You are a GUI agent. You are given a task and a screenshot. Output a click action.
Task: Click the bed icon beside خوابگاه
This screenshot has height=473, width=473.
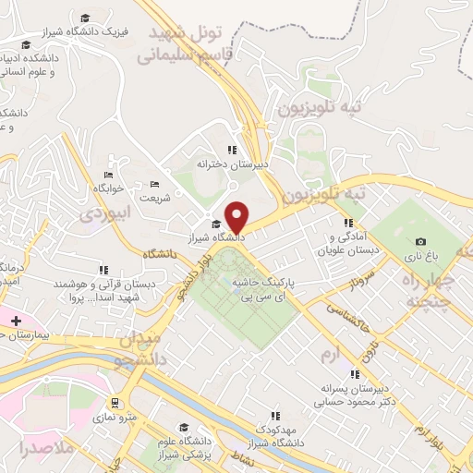pyautogui.click(x=109, y=176)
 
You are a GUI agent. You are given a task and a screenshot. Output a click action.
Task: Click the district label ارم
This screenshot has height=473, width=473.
pyautogui.click(x=324, y=355)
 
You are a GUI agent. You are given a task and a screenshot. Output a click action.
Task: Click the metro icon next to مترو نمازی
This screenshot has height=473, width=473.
pyautogui.click(x=115, y=403)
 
